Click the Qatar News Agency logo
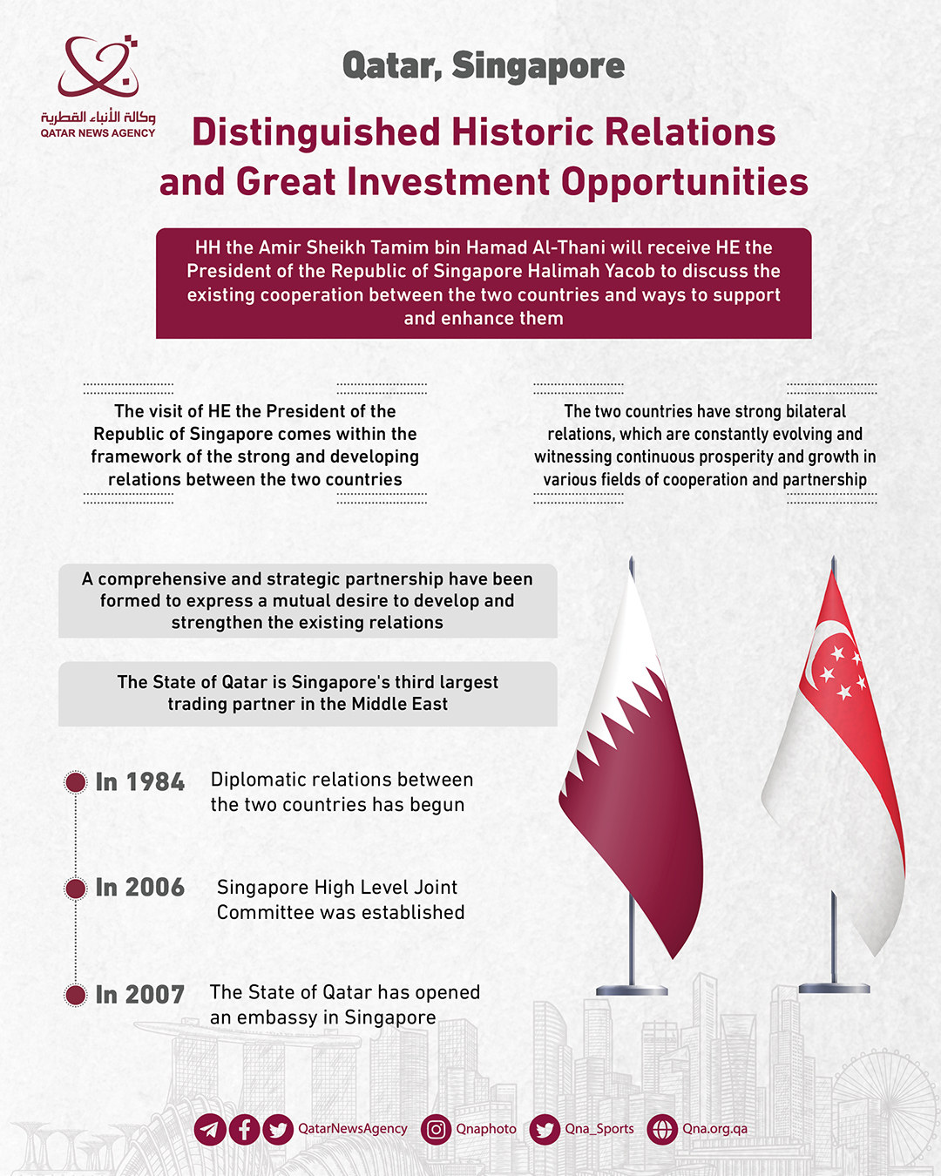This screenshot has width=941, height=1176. [x=98, y=85]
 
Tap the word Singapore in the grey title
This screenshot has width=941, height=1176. [x=538, y=66]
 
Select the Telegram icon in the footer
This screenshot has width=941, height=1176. [x=210, y=1130]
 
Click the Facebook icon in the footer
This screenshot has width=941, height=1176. [x=244, y=1130]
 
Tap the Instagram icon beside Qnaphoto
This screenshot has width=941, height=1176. [x=436, y=1130]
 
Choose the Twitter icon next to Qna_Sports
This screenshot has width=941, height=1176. [x=545, y=1130]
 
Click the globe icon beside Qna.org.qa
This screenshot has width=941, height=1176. [x=662, y=1130]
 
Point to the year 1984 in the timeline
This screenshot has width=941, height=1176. [x=155, y=782]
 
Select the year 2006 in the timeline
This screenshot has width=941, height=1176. [x=155, y=888]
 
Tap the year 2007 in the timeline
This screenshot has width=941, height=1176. [x=155, y=995]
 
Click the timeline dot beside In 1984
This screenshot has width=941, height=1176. [x=76, y=782]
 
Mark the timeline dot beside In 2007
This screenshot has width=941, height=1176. [x=76, y=995]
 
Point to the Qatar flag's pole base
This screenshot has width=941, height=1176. [x=632, y=990]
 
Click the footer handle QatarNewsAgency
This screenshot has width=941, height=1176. [x=352, y=1129]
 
